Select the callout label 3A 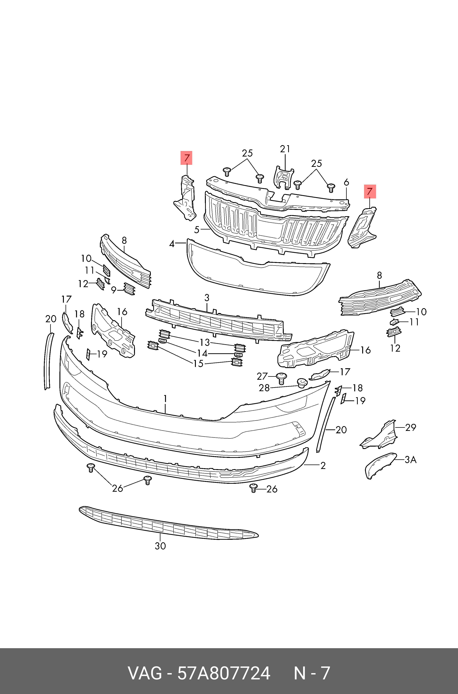410,460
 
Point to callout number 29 410,427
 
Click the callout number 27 262,376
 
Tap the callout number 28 264,388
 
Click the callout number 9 114,290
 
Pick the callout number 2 323,465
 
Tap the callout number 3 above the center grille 207,298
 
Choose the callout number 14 202,353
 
